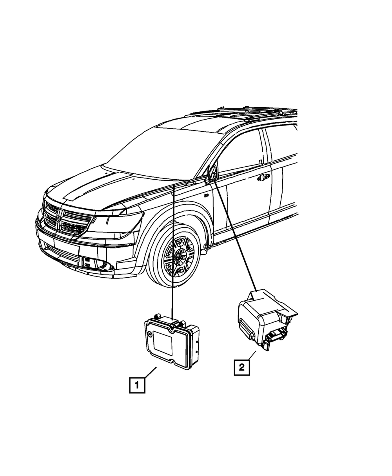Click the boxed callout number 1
(137, 385)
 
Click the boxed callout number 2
(241, 367)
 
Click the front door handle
(263, 178)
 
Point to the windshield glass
(157, 153)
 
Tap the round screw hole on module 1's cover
(150, 333)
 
